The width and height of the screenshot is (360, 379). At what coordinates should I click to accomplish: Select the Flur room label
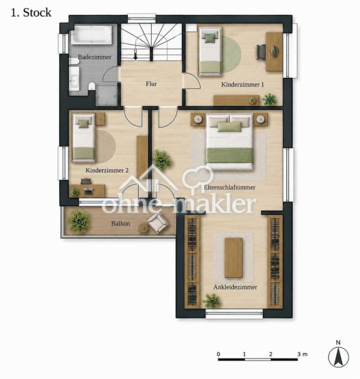[151, 84]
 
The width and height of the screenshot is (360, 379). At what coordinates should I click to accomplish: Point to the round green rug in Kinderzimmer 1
[231, 54]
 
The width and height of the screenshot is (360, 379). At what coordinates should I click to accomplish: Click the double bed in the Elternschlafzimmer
[229, 141]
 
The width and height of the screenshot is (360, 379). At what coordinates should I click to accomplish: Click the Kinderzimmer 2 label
[107, 170]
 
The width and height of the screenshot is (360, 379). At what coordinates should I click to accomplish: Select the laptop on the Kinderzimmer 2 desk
[88, 191]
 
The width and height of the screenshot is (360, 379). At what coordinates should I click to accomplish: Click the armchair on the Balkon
[158, 222]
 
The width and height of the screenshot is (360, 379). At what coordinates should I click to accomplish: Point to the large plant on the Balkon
[79, 221]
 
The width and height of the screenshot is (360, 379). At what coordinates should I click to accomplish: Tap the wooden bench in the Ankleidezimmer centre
[234, 257]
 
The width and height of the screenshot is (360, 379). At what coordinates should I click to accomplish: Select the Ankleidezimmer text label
[235, 287]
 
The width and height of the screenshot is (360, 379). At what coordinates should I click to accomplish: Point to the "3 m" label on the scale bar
[302, 354]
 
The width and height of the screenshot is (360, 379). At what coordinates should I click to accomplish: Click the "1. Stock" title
[31, 13]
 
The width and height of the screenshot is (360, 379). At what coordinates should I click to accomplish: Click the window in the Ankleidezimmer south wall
[234, 314]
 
